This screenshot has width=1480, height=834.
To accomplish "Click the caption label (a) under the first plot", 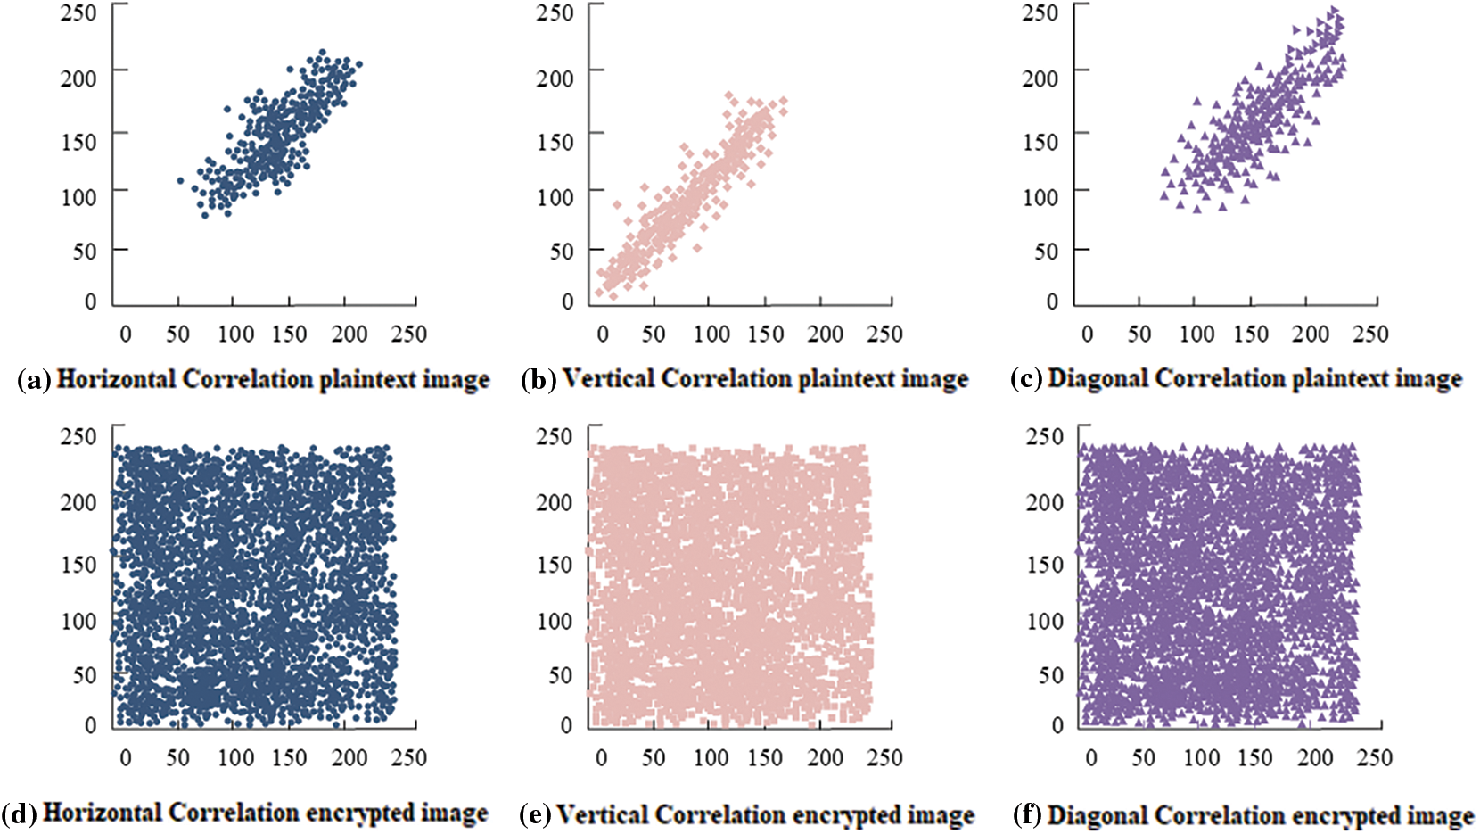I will (x=35, y=381).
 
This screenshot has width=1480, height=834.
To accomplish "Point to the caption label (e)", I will (x=535, y=815).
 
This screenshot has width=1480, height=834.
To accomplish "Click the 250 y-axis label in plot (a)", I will (x=78, y=13).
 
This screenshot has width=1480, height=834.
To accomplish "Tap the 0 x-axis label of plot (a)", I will (x=125, y=334).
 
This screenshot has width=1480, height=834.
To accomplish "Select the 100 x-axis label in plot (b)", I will (x=711, y=334).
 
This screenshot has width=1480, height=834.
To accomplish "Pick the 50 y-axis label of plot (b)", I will (x=561, y=252).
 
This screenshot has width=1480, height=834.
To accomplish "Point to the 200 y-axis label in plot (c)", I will (x=1040, y=78).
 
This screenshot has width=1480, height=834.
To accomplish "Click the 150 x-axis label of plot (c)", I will (x=1251, y=334).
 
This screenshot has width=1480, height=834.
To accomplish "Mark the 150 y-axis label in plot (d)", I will (x=78, y=565).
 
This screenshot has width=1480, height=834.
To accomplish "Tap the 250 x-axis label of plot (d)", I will (x=408, y=758).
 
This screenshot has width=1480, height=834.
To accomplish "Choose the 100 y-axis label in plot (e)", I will (x=555, y=621).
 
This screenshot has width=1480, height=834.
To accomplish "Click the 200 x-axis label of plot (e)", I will (x=825, y=758).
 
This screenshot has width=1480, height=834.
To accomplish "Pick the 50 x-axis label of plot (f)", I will (x=1143, y=758).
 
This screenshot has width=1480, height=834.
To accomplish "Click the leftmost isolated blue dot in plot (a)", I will (x=180, y=180).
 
